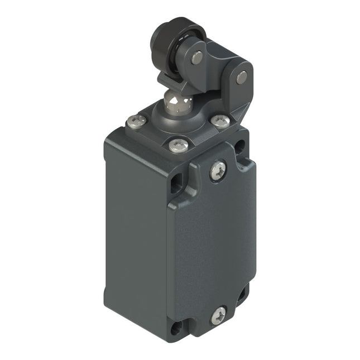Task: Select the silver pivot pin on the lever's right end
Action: pyautogui.click(x=241, y=78)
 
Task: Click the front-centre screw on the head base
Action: pyautogui.click(x=177, y=145)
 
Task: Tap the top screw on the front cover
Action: pyautogui.click(x=218, y=170)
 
